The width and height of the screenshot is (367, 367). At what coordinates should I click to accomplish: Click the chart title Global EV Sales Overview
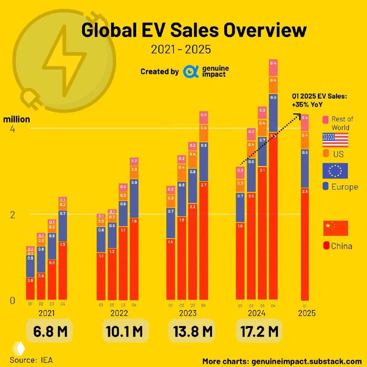coord(194,31)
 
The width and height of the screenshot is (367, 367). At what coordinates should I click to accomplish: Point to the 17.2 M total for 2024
coord(260,330)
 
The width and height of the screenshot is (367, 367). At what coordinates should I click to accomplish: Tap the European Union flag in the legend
coord(335,171)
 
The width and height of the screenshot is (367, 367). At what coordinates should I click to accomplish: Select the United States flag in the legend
coord(335,140)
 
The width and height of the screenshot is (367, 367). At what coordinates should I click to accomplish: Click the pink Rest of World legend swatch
coord(326,120)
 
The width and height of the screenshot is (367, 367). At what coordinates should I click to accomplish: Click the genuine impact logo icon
coord(189,72)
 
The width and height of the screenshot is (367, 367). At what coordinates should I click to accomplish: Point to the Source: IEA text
coord(31,360)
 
